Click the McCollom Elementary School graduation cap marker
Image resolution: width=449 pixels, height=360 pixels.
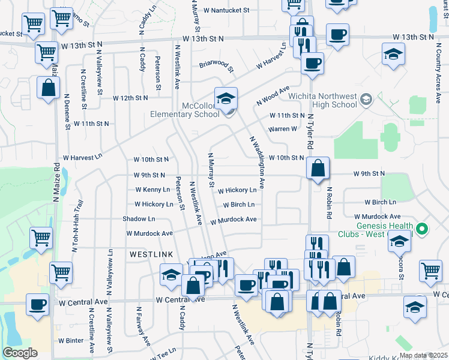point(226,99)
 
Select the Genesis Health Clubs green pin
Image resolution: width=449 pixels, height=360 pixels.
point(421,229)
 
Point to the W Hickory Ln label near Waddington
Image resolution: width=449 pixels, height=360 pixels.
point(237,190)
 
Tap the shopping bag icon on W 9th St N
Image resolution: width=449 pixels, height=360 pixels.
point(318,170)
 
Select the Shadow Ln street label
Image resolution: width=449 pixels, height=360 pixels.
point(139,219)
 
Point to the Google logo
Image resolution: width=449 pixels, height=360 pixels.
point(20,353)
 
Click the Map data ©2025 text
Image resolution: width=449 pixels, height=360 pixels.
point(423,355)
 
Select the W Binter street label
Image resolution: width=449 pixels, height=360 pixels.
point(71,340)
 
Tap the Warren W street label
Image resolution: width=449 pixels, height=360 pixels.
point(282,129)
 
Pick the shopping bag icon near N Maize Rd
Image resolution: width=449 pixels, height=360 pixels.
point(48,88)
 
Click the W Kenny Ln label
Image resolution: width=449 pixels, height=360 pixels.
point(144,190)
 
